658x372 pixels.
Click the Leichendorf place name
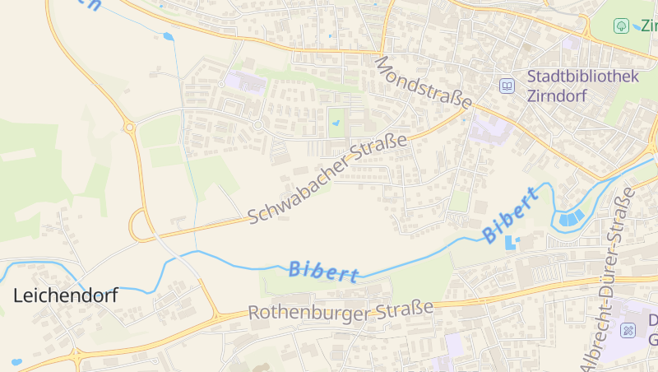pyautogui.click(x=65, y=295)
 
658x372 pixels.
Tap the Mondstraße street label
pyautogui.click(x=423, y=83)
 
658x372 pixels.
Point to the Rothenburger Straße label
pyautogui.click(x=341, y=311)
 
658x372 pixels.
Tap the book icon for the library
pyautogui.click(x=507, y=86)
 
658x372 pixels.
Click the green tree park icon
pyautogui.click(x=621, y=26)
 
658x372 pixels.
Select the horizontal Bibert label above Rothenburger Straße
pyautogui.click(x=324, y=271)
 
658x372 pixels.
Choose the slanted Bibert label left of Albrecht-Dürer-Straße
pyautogui.click(x=512, y=215)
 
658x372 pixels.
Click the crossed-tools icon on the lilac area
pyautogui.click(x=628, y=331)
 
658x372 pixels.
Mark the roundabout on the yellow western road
pyautogui.click(x=129, y=127)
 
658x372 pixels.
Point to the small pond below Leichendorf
pyautogui.click(x=16, y=361)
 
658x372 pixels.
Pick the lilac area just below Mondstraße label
pyautogui.click(x=490, y=128)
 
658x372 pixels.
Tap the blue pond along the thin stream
pyautogui.click(x=169, y=36)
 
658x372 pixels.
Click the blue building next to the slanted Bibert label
pyautogui.click(x=512, y=242)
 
